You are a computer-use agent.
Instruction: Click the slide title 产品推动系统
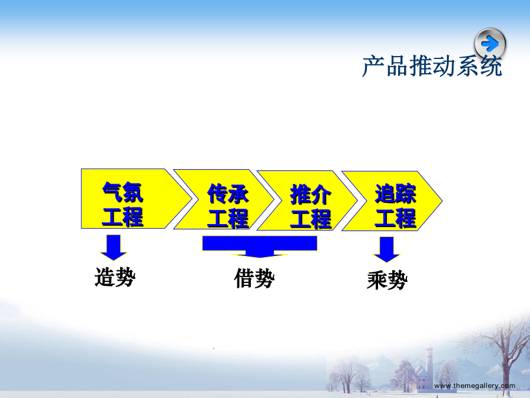point(432,66)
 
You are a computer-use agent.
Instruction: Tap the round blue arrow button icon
point(490,44)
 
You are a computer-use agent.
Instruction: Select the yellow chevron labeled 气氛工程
point(136,199)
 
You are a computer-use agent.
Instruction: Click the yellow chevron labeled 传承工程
point(224,199)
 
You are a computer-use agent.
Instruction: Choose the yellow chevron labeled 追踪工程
point(392,201)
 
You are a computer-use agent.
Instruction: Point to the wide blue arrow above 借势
point(260,246)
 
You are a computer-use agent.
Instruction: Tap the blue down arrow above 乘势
point(387,249)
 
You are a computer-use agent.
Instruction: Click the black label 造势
point(115,277)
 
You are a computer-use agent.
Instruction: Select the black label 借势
point(254,278)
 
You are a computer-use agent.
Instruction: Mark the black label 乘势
point(387,280)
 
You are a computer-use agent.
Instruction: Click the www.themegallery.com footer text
point(475,386)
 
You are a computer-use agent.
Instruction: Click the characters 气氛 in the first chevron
point(122,192)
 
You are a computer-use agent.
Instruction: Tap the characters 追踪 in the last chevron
point(396,194)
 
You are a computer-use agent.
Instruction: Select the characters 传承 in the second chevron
point(228,194)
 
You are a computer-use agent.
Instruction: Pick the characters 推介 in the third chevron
point(310,195)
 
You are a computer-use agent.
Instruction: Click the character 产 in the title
point(373,66)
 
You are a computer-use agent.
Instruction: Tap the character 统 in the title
point(491,66)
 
